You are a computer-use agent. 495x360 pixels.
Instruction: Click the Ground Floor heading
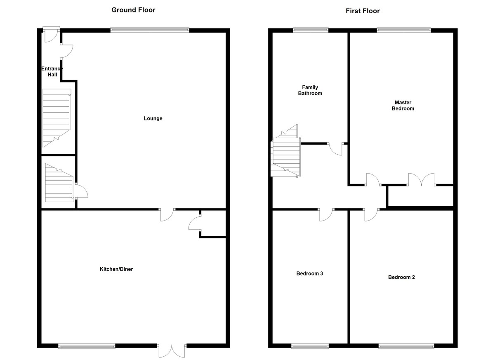click(133, 10)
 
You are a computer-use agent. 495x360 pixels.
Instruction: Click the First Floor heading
click(363, 11)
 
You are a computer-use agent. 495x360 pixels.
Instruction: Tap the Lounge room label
click(153, 118)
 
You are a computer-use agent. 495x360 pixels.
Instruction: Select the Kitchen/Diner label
click(116, 269)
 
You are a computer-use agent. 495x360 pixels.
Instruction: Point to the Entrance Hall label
click(52, 72)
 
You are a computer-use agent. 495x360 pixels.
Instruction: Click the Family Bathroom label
click(310, 90)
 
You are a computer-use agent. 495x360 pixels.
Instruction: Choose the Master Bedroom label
click(403, 105)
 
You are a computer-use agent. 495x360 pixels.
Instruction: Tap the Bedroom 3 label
click(310, 273)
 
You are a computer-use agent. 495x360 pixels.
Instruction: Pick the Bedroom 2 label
click(401, 277)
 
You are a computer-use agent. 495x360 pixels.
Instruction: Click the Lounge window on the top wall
click(150, 30)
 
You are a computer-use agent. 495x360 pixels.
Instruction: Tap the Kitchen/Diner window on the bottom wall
click(87, 346)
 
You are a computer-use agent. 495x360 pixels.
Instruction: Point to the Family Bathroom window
click(311, 30)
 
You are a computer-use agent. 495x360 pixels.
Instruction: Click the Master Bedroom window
click(404, 30)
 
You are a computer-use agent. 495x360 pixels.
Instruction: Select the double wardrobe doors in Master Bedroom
click(422, 179)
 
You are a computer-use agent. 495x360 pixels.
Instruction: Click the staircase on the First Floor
click(286, 153)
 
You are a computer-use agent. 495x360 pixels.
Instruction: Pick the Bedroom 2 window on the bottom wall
click(406, 346)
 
